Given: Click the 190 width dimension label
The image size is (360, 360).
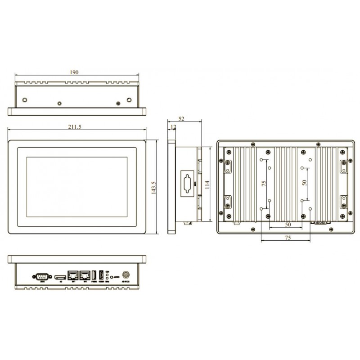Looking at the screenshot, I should point(75,72).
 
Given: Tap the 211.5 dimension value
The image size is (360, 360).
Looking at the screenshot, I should point(75,127).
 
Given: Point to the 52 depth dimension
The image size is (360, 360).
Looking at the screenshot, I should point(182,119).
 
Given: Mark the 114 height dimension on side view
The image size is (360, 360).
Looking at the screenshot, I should point(207,184).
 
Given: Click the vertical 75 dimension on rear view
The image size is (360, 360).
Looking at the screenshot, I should point(264,184).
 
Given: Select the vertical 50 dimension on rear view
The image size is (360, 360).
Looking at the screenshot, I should point(305,184).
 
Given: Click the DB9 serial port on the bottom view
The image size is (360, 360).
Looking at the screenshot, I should point(40,276).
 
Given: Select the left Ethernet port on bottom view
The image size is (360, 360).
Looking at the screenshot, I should point(72,275).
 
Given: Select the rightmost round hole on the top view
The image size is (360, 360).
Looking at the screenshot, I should point(129,99).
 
